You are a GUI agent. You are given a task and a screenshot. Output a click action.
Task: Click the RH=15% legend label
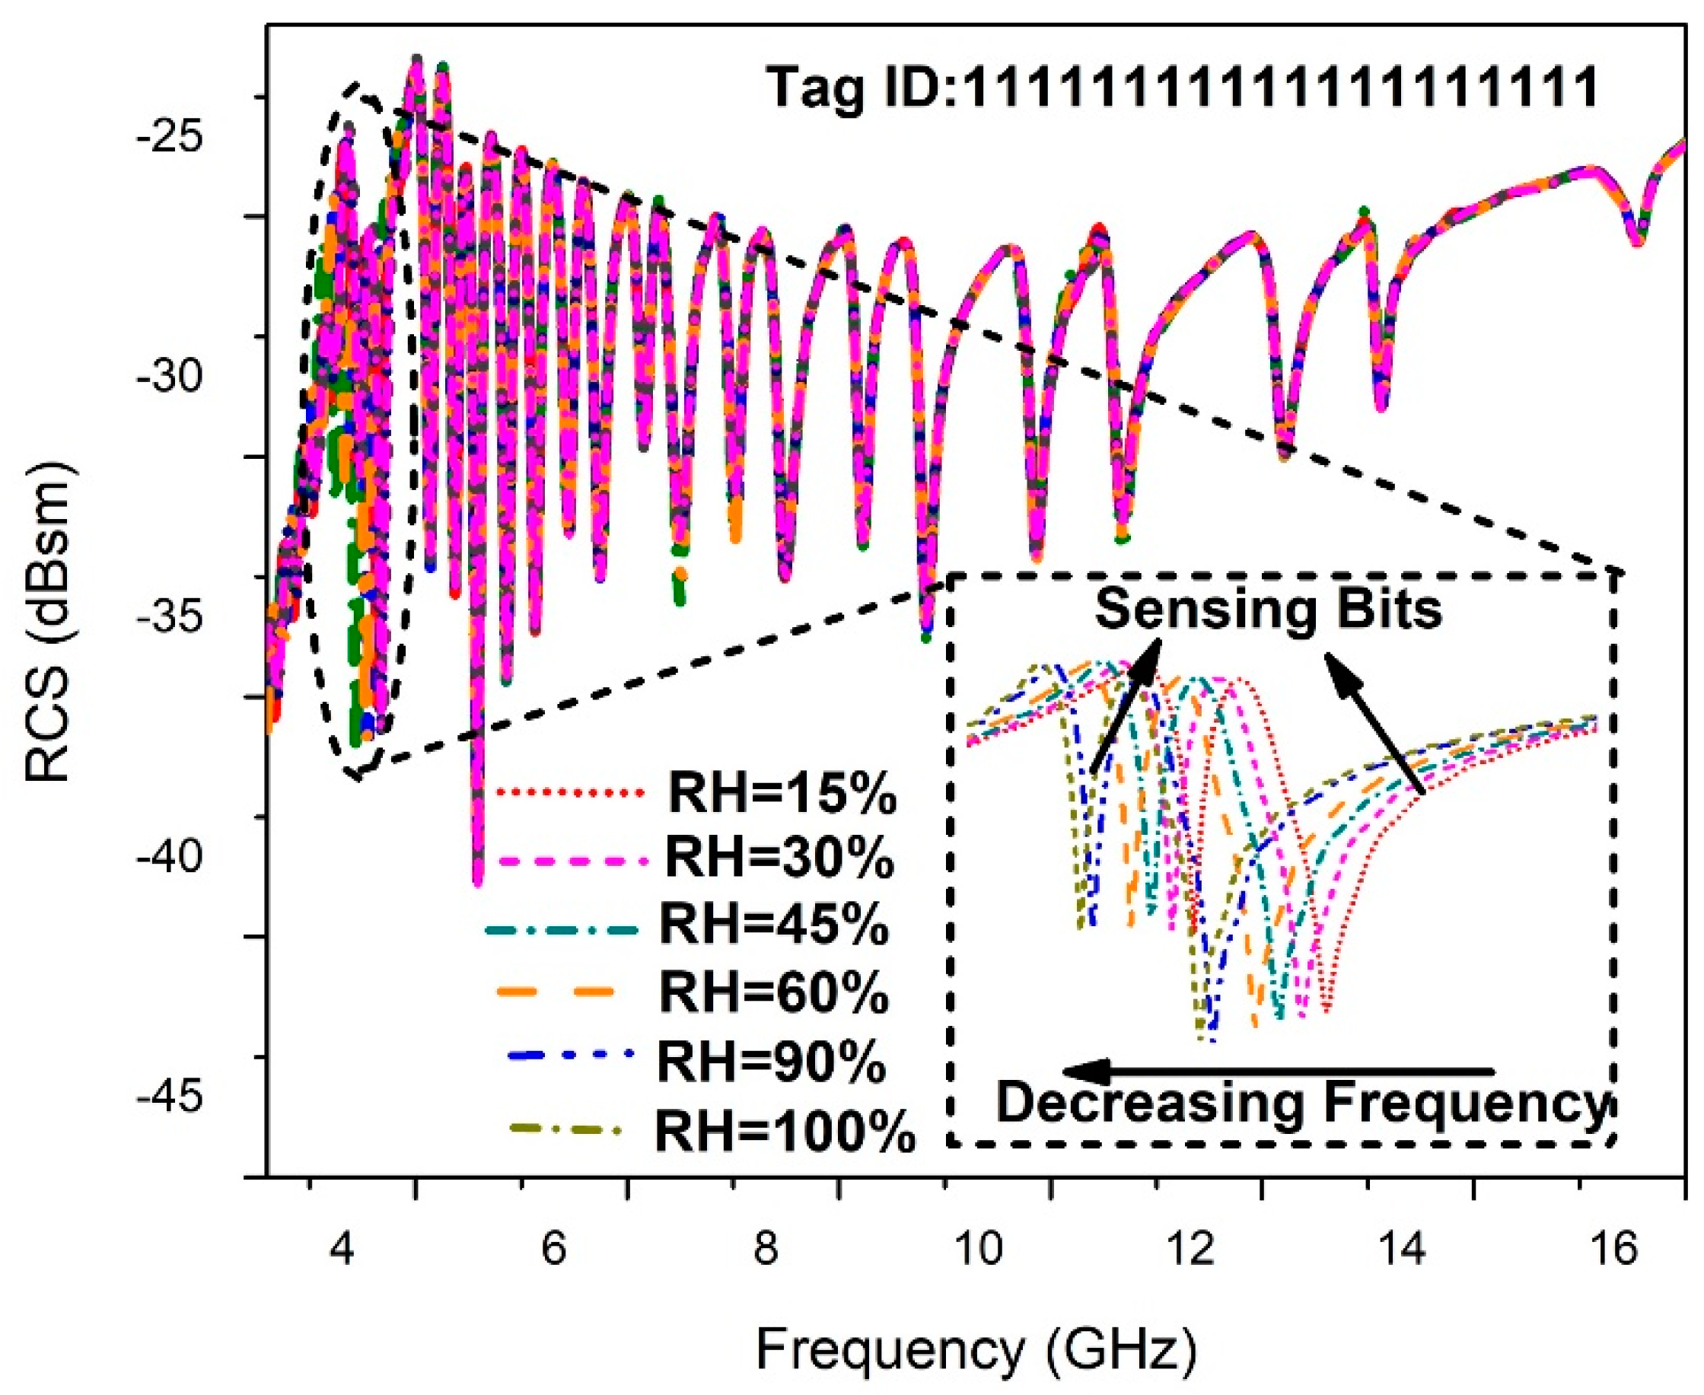coord(782,795)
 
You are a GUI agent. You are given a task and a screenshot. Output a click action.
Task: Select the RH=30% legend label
coord(779,859)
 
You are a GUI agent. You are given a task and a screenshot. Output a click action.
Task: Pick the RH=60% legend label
coord(775,993)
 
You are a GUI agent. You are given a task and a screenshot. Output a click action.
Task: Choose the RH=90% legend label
coord(772,1062)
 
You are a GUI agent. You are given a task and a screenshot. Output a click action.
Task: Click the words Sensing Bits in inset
coord(1269,609)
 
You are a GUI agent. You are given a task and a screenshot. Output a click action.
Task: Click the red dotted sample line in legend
coord(572,793)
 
